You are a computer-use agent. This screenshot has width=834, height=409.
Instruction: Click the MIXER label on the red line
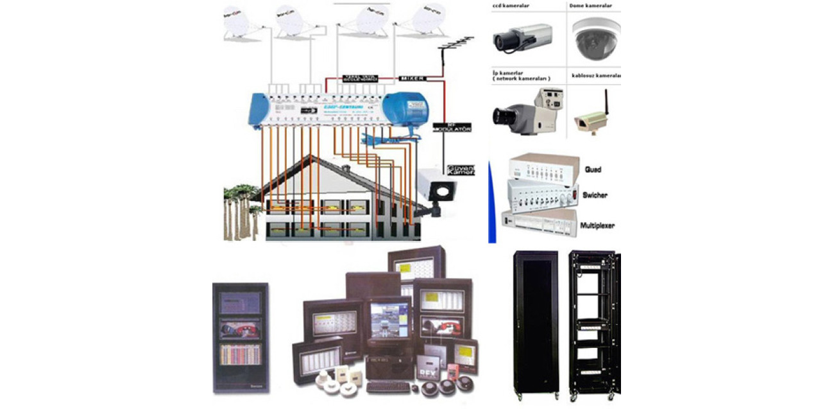tap(413, 78)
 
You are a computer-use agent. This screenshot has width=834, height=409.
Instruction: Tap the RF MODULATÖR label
tap(452, 127)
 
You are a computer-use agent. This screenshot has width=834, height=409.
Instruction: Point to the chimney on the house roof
tap(346, 168)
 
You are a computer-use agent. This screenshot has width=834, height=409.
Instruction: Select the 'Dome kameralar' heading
tap(590, 6)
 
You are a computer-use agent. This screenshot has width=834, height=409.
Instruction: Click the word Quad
tap(593, 170)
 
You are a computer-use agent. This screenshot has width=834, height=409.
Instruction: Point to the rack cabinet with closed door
tap(536, 321)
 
